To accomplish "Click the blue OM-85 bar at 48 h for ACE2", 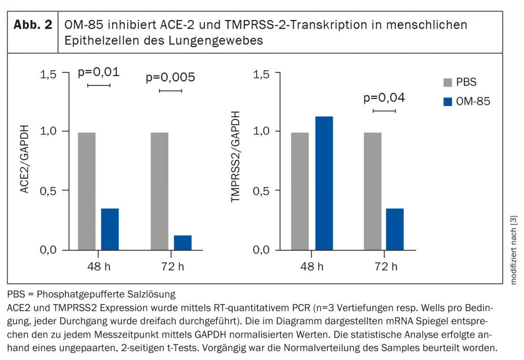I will coord(110,229).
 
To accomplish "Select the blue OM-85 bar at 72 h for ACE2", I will coord(182,242).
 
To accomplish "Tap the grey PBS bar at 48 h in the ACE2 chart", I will coord(87,191).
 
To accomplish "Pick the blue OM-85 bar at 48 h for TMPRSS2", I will coord(324,183).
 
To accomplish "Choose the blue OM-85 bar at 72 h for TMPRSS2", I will coord(395,229).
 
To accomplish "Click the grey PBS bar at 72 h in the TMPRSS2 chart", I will coord(373,191).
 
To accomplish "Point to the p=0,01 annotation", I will coord(99,72).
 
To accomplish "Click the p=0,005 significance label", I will coord(170,77).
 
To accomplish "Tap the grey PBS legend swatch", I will coord(447,82).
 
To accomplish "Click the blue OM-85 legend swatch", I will coord(447,101).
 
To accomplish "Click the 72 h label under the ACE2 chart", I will coord(171,266).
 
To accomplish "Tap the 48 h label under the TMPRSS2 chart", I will coord(313,266).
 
